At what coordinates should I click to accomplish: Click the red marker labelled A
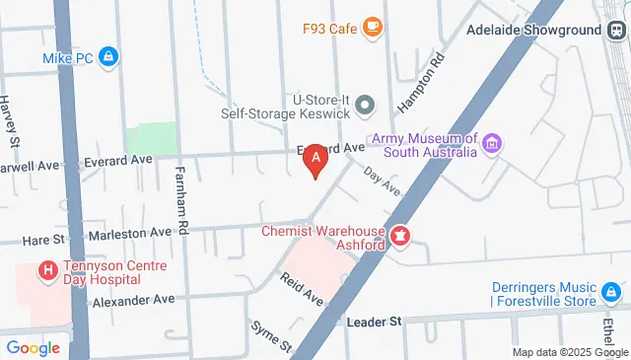(x=315, y=158)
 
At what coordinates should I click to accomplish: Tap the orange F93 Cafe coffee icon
(x=373, y=28)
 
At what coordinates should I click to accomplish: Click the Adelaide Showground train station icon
(x=616, y=30)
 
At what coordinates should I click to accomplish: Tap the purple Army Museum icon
(x=491, y=146)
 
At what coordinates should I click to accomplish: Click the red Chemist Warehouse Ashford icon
(x=401, y=237)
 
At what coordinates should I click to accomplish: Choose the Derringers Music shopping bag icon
(x=612, y=293)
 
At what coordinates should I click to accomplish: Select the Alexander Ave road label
(x=133, y=299)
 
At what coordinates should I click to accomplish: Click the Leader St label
(x=375, y=322)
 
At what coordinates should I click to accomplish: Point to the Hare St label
(x=44, y=240)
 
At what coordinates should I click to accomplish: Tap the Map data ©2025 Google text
(x=570, y=352)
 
